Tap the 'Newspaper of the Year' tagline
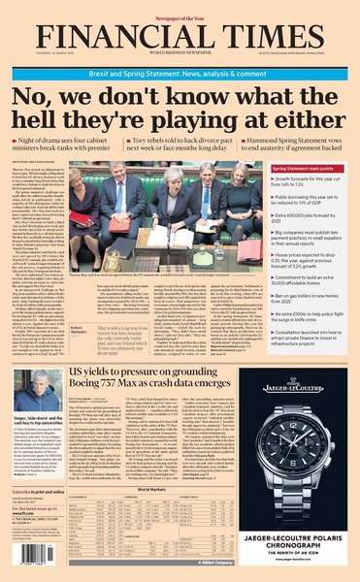click(x=180, y=6)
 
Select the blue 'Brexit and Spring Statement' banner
click(x=180, y=59)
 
